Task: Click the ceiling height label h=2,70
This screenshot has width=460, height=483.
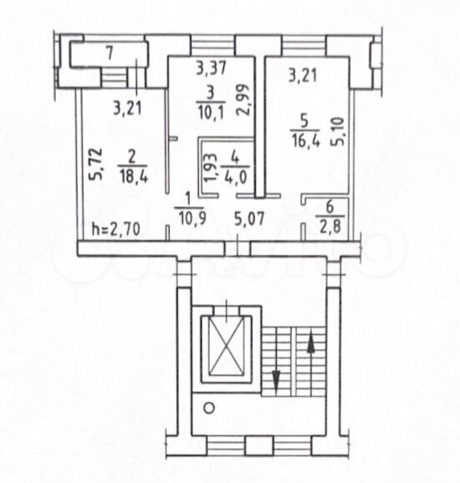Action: (116, 229)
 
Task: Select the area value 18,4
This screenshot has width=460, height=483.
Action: (133, 177)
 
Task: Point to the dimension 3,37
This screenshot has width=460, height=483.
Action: (212, 68)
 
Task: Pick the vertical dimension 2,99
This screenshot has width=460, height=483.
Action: (243, 100)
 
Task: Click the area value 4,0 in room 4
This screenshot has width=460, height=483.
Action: (236, 177)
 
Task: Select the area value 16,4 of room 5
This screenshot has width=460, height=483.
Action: (306, 141)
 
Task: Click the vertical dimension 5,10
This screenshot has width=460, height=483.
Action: (337, 132)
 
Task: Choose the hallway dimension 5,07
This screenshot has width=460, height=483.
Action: (249, 219)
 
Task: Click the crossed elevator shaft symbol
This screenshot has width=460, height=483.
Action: (227, 349)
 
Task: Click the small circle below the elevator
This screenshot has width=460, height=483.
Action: (209, 408)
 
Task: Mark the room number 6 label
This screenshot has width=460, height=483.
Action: (330, 207)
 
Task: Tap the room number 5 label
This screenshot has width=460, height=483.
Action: (304, 121)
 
